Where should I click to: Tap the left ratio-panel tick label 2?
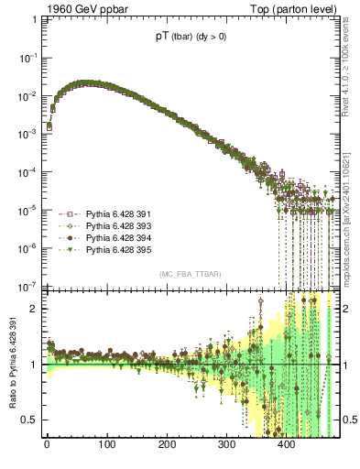34,309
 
